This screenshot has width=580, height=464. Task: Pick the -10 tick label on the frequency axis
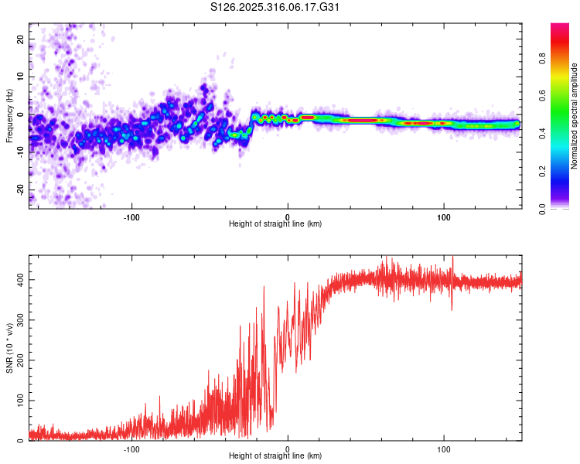(x=19, y=152)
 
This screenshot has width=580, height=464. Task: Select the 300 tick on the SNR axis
(x=17, y=319)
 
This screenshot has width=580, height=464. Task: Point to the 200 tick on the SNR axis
(x=17, y=360)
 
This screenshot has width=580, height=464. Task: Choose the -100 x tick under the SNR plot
(x=131, y=449)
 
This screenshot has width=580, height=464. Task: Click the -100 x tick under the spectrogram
(x=131, y=217)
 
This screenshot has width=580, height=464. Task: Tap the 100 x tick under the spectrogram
(x=444, y=217)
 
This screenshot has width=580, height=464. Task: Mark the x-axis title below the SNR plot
(x=275, y=456)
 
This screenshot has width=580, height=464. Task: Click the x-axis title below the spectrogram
(x=275, y=224)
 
